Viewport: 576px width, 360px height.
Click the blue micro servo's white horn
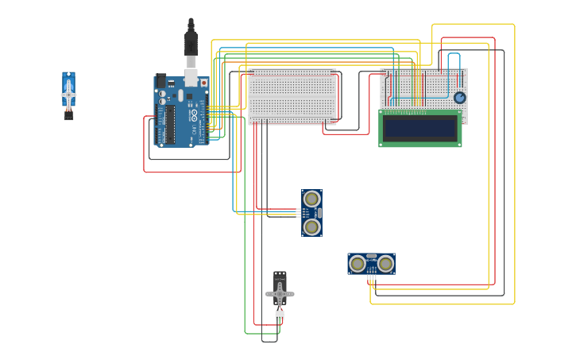point(69,95)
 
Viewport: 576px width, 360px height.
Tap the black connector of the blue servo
point(68,116)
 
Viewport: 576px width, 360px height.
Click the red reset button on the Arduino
point(204,82)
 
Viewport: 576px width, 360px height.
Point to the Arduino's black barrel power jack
point(161,81)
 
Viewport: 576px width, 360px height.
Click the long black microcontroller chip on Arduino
point(169,124)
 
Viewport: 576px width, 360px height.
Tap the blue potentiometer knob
point(459,98)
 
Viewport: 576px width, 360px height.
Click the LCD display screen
point(419,128)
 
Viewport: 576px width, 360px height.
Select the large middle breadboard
point(292,96)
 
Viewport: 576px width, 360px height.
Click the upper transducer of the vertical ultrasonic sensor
point(312,199)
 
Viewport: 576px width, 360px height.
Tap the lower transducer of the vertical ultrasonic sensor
point(312,227)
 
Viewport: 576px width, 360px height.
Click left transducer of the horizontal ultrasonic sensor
point(358,263)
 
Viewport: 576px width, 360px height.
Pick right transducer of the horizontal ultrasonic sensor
point(385,263)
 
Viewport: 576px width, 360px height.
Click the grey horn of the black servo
point(280,294)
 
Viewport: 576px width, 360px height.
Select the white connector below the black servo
point(280,315)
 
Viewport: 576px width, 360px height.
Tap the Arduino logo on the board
point(191,114)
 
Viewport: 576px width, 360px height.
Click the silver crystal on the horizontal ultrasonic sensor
point(371,257)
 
